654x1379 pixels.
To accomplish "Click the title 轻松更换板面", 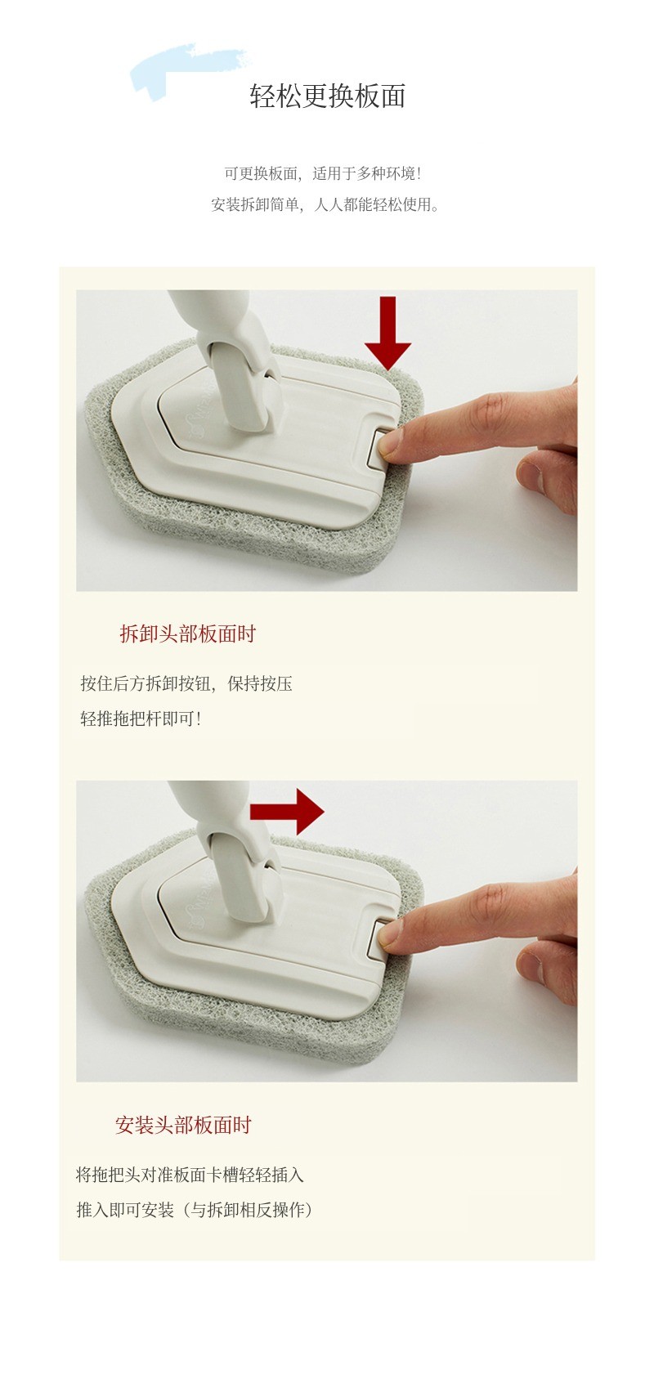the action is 328,96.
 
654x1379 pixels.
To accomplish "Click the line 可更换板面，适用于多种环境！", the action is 323,173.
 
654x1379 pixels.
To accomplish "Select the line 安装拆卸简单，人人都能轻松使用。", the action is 325,204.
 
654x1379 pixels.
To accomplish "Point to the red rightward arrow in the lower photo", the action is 287,812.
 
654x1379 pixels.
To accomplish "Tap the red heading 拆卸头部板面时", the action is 188,634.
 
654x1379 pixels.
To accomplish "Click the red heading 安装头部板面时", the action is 183,1125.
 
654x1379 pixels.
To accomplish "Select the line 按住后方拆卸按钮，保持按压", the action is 186,683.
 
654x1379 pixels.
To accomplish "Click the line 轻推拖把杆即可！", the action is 141,718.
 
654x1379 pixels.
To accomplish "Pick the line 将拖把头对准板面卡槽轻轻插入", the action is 190,1175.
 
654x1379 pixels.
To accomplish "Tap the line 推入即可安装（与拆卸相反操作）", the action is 195,1210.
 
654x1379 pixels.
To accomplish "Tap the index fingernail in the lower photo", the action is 390,934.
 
